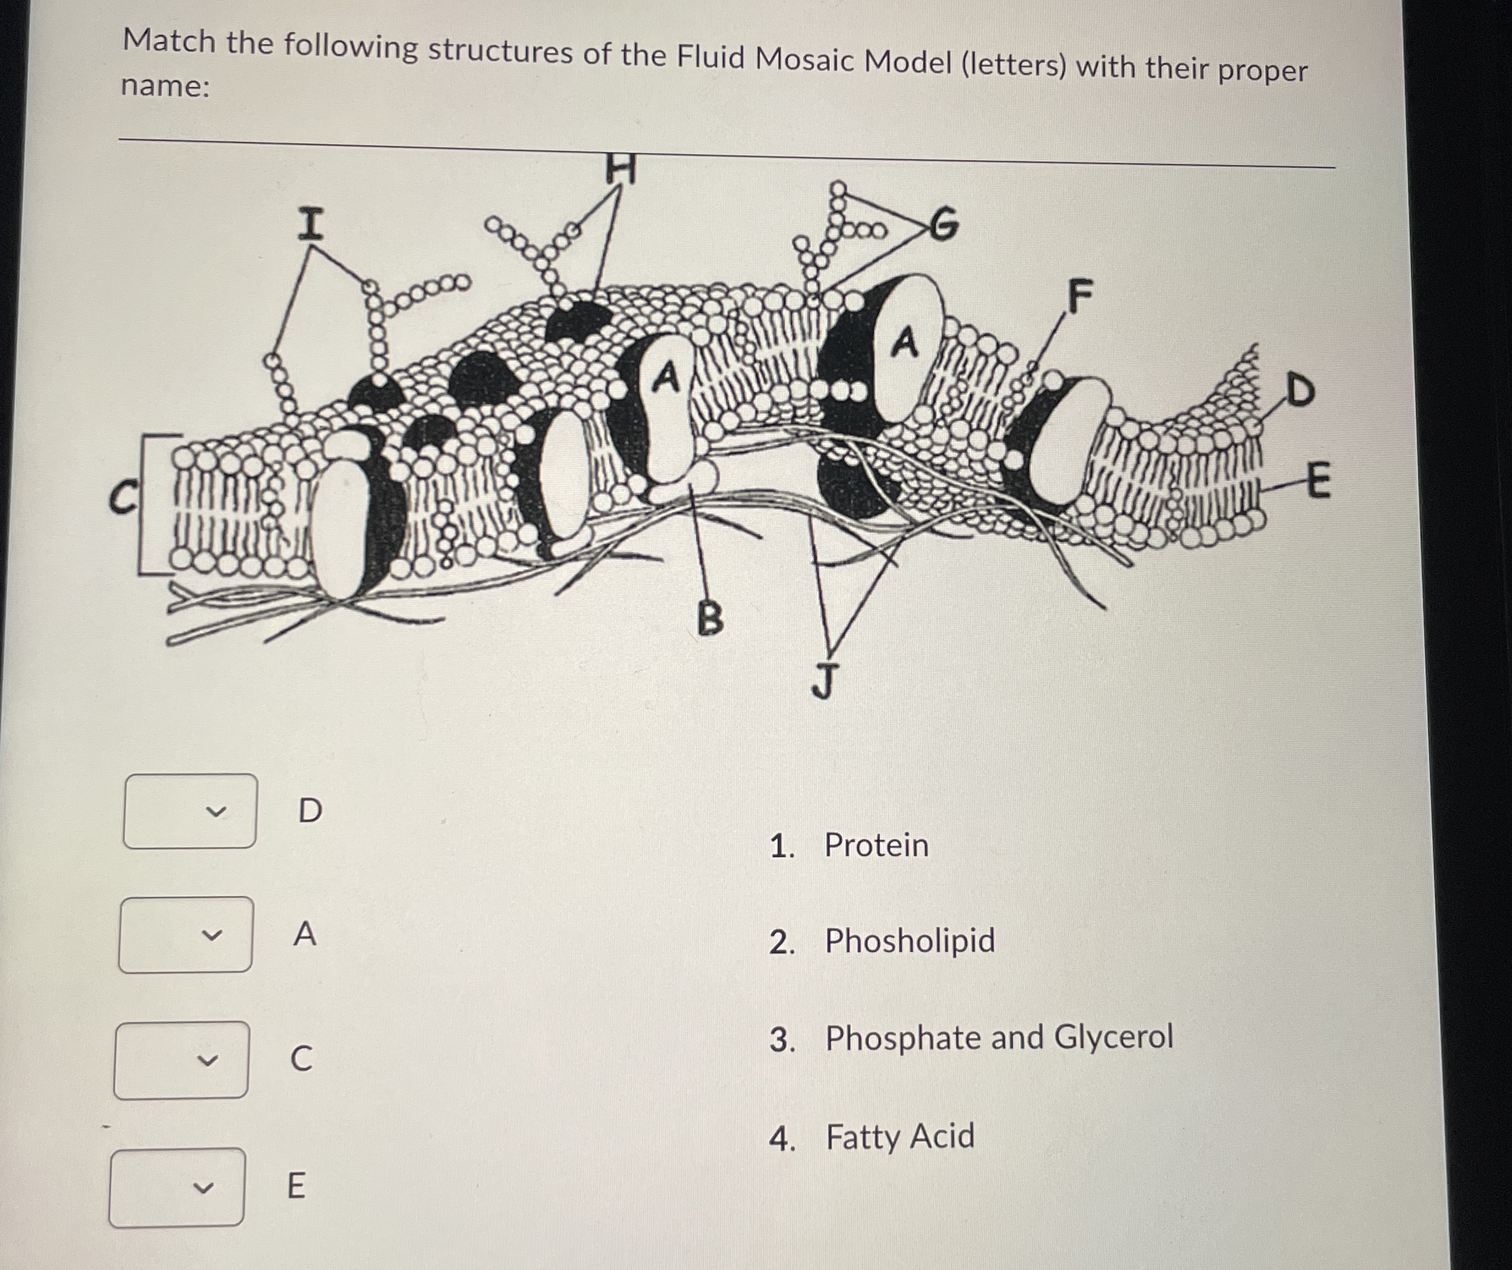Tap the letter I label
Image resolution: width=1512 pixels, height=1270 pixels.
pyautogui.click(x=310, y=224)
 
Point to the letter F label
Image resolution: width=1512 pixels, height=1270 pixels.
pyautogui.click(x=1080, y=296)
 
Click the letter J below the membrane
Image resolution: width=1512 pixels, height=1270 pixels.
pyautogui.click(x=824, y=681)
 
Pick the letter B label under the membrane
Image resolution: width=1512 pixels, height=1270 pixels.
pyautogui.click(x=711, y=618)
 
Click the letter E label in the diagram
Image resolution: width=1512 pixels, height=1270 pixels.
pyautogui.click(x=1317, y=480)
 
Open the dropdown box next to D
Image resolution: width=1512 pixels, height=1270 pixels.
pyautogui.click(x=190, y=812)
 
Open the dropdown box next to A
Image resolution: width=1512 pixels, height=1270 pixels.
pyautogui.click(x=186, y=934)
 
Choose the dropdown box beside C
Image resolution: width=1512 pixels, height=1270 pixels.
pyautogui.click(x=182, y=1060)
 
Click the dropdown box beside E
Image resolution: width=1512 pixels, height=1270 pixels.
pyautogui.click(x=177, y=1187)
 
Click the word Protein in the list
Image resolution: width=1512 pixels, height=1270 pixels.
pyautogui.click(x=876, y=845)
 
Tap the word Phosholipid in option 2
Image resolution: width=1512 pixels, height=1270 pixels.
pyautogui.click(x=909, y=941)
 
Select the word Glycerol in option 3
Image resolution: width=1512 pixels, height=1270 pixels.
pyautogui.click(x=1112, y=1037)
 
